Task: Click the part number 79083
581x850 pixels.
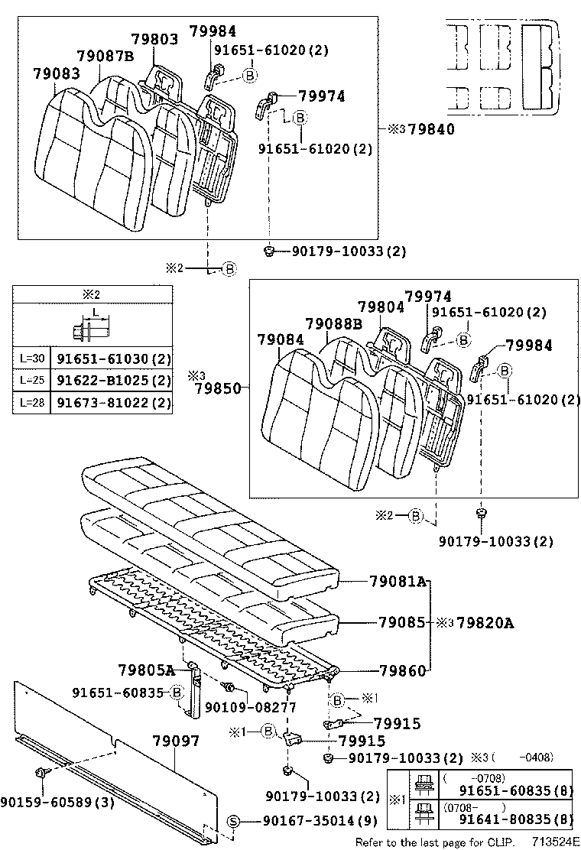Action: pos(56,73)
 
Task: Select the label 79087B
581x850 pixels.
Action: pos(105,56)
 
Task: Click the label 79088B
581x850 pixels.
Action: pos(333,324)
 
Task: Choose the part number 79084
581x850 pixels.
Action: pos(280,339)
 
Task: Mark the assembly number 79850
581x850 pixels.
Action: pos(217,388)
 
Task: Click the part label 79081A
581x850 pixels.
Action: pos(402,582)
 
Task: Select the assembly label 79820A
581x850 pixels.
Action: pos(485,623)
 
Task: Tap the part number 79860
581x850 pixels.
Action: pos(402,670)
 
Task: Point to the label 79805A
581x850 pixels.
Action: pos(147,670)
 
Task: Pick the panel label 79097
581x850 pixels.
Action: pos(175,741)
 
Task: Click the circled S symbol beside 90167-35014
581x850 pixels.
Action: pos(235,821)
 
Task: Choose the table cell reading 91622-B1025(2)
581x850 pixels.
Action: pos(112,380)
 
